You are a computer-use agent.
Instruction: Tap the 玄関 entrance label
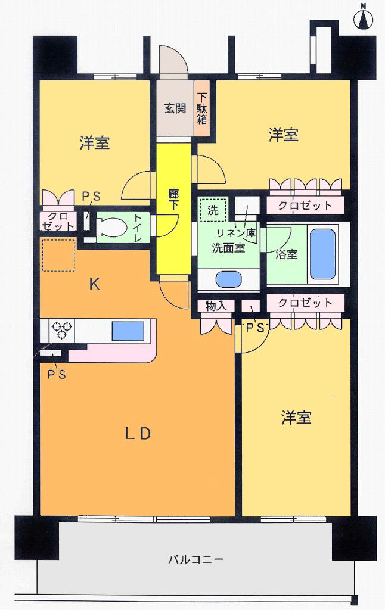click(x=176, y=108)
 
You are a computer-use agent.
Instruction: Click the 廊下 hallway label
click(x=173, y=200)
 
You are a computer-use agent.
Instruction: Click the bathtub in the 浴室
click(x=322, y=252)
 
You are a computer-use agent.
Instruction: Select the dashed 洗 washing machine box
click(x=213, y=210)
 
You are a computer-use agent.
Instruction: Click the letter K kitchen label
click(x=94, y=285)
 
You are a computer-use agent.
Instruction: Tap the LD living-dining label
click(x=137, y=434)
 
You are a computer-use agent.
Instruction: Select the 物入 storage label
click(x=215, y=306)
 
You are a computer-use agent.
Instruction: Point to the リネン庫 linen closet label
click(x=236, y=233)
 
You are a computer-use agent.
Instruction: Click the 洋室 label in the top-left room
click(x=94, y=143)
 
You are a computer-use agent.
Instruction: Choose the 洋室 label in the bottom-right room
click(x=296, y=418)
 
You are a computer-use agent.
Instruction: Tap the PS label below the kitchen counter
click(x=58, y=374)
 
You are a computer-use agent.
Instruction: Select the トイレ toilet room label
click(x=138, y=228)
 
